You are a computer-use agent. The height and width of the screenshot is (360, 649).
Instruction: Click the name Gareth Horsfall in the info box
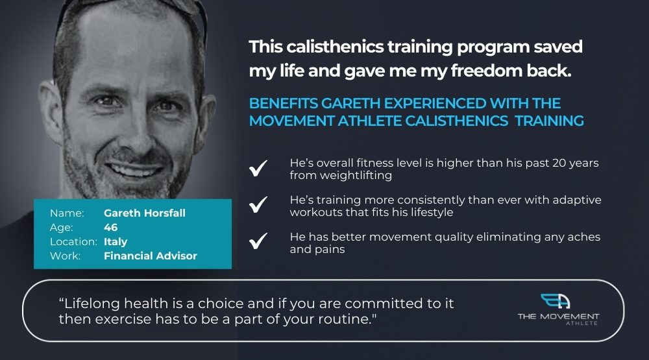tap(145, 213)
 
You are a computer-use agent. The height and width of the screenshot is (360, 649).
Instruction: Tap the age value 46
tap(110, 227)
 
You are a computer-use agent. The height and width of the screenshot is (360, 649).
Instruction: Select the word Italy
tap(116, 242)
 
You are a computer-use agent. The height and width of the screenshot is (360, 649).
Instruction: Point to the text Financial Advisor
tap(151, 256)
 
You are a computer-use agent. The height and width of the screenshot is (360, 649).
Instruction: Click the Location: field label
tap(73, 242)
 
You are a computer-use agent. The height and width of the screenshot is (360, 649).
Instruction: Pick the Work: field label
tap(65, 256)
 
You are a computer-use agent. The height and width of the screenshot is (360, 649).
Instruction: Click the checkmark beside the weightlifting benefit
tap(258, 168)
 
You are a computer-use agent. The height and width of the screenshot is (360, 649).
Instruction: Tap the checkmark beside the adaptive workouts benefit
tap(258, 204)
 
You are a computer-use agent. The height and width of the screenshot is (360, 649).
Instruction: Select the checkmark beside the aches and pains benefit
tap(258, 241)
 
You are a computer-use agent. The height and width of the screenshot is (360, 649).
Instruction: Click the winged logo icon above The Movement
tap(556, 301)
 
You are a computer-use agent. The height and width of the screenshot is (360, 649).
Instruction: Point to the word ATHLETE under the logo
tap(582, 323)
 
